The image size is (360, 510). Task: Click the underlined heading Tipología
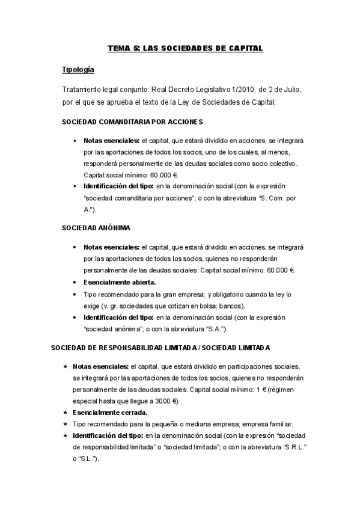[x=78, y=70]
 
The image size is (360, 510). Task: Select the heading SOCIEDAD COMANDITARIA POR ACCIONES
[x=132, y=121]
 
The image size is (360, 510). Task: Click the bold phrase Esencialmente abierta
[x=120, y=282]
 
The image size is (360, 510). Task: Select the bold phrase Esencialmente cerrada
[x=109, y=412]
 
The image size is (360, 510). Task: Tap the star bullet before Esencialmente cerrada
[x=64, y=412]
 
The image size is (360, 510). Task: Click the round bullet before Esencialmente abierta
[x=74, y=282]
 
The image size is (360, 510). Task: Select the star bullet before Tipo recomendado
[x=64, y=424]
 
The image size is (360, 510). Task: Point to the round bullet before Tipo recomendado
[x=74, y=294]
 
